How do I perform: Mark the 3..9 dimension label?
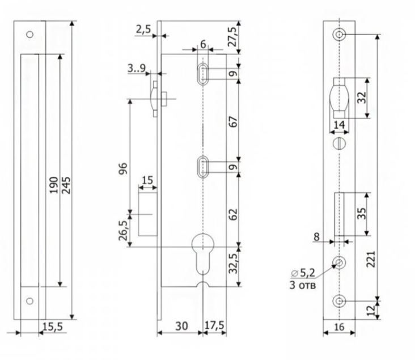138,69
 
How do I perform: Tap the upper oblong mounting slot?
202,74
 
